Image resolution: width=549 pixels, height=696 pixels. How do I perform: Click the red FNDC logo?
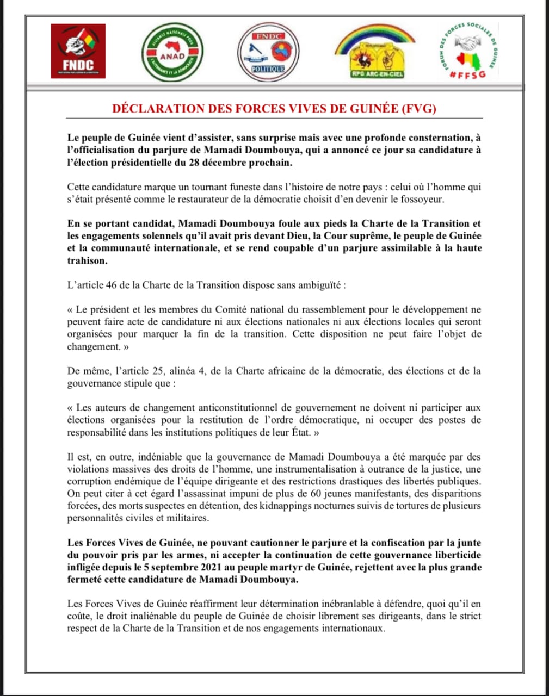[x=77, y=51]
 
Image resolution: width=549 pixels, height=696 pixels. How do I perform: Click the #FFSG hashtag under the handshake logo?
[x=468, y=74]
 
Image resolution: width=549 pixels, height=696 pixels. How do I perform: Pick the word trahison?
[x=88, y=260]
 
